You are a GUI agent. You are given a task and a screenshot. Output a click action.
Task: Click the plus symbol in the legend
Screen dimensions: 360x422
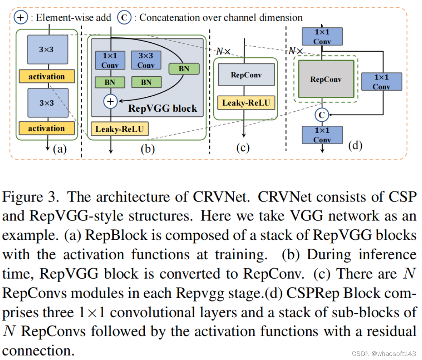[21, 18]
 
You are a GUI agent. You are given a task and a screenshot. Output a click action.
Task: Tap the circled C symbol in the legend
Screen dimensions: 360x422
[125, 18]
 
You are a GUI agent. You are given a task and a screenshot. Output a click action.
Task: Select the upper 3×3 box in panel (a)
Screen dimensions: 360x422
[46, 49]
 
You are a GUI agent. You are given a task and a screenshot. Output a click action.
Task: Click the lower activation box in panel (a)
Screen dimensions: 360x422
[46, 128]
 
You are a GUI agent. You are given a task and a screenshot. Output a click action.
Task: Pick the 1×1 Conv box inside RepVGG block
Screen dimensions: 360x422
[110, 60]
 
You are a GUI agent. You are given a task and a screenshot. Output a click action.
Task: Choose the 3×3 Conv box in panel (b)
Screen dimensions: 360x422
[146, 60]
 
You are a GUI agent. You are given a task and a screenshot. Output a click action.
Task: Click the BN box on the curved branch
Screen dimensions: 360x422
[184, 69]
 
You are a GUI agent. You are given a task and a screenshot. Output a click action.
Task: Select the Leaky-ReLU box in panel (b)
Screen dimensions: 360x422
[120, 129]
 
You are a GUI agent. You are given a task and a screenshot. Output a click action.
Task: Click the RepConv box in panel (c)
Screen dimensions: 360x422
[246, 75]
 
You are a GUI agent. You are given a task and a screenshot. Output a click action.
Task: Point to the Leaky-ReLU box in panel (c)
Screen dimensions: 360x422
[246, 102]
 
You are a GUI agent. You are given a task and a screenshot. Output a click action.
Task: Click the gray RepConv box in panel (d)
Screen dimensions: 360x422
[326, 79]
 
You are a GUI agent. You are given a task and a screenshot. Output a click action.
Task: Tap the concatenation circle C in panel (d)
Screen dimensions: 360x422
[322, 115]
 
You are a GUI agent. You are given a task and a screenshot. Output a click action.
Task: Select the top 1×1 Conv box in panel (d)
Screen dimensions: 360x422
[322, 36]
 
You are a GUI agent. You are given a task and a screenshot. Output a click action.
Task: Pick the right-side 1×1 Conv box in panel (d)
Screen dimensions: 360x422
[381, 81]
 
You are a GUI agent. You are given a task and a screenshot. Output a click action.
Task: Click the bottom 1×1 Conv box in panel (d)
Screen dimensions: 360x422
[322, 135]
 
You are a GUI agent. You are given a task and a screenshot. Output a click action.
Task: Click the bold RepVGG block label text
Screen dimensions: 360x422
[162, 108]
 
